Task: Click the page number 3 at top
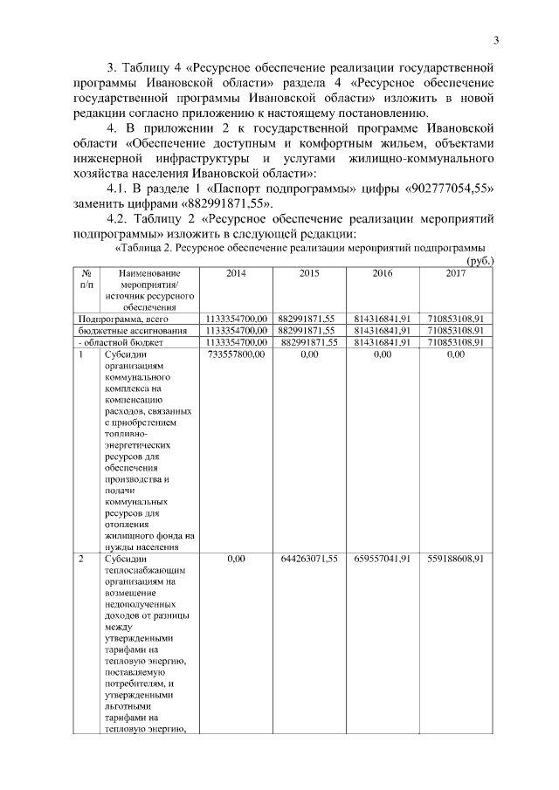(x=495, y=39)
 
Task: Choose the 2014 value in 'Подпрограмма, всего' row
(x=236, y=319)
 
